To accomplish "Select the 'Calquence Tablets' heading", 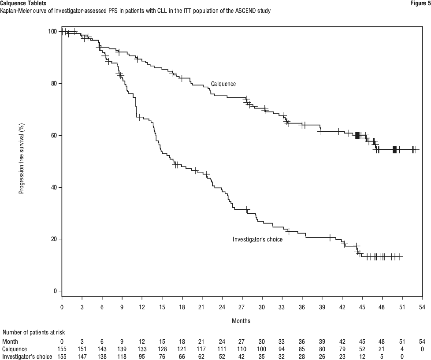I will click(23, 3).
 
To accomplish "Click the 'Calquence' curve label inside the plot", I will click(223, 84).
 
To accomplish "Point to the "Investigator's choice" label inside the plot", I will click(257, 239).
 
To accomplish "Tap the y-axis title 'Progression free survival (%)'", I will click(21, 159).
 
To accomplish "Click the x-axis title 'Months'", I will click(241, 321).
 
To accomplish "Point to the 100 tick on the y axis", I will click(52, 31).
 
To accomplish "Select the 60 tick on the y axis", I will click(54, 135).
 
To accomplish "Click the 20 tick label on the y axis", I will click(54, 239).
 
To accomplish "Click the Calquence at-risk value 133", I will click(141, 349).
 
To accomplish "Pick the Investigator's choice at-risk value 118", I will click(122, 356).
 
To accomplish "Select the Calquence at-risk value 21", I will click(382, 349).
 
